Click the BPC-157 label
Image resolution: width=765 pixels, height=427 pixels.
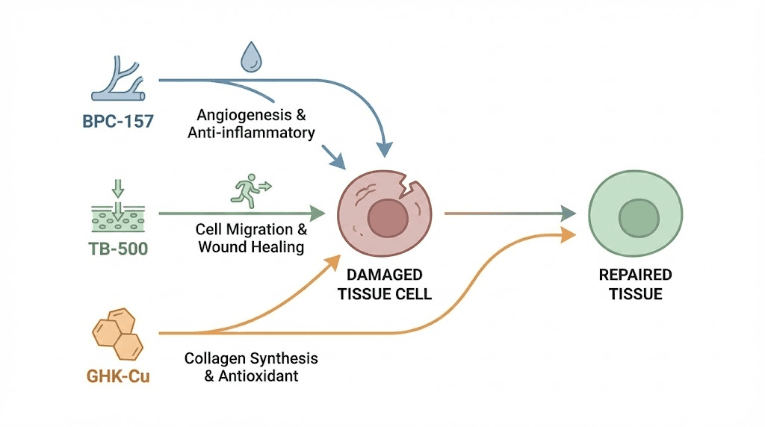[x=118, y=120]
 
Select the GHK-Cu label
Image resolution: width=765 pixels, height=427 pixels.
[x=118, y=375]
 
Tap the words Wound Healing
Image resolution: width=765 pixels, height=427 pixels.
[x=251, y=246]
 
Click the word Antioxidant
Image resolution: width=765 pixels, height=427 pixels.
[x=259, y=376]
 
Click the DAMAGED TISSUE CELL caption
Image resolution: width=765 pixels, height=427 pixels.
[x=385, y=284]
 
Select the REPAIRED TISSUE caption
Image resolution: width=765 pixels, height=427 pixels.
[x=636, y=284]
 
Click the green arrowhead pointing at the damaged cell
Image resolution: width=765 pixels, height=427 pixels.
[x=318, y=213]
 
